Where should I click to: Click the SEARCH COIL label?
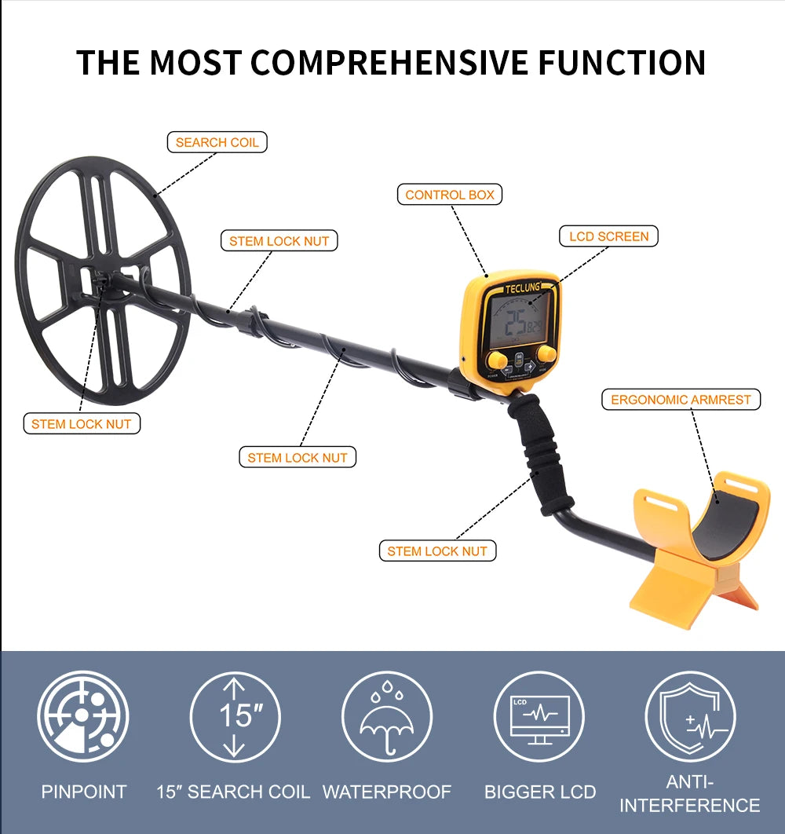click(x=217, y=142)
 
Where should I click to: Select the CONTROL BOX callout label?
click(x=450, y=194)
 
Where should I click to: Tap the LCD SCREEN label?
click(x=608, y=236)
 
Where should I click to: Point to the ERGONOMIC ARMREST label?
click(x=681, y=399)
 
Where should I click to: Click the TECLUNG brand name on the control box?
click(x=522, y=288)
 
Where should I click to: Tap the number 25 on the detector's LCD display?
click(x=515, y=322)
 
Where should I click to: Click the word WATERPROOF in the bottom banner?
click(x=387, y=792)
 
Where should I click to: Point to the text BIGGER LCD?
click(x=540, y=792)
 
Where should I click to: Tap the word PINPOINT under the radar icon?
click(x=84, y=792)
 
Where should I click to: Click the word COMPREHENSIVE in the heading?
click(x=408, y=63)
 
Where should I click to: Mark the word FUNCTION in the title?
click(x=627, y=63)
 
